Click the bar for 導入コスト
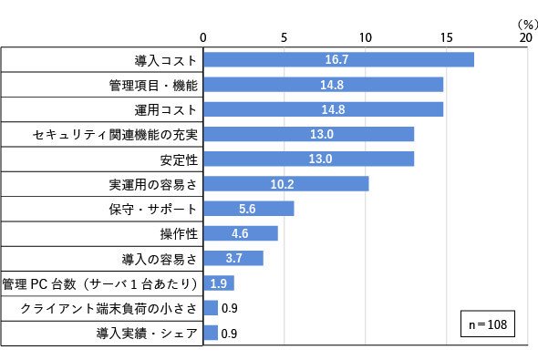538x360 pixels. (338, 59)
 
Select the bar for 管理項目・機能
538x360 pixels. (323, 85)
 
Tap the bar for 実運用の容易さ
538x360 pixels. (286, 184)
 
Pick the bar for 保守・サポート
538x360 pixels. (249, 209)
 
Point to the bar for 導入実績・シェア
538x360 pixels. (211, 333)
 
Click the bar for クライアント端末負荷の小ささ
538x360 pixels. (211, 308)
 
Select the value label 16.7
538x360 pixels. (336, 59)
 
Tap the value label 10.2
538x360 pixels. (282, 184)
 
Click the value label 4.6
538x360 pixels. (240, 234)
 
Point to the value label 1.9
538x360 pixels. (219, 283)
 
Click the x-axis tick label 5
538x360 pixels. (284, 37)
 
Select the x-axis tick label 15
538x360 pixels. (447, 37)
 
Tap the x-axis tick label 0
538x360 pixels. (203, 37)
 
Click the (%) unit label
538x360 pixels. (528, 25)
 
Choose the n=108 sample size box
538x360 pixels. (488, 324)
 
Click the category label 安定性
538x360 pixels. (179, 160)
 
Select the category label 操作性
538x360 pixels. (179, 234)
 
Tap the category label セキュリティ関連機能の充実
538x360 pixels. (115, 135)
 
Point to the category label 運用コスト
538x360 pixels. (166, 110)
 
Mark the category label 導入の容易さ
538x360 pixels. (160, 259)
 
